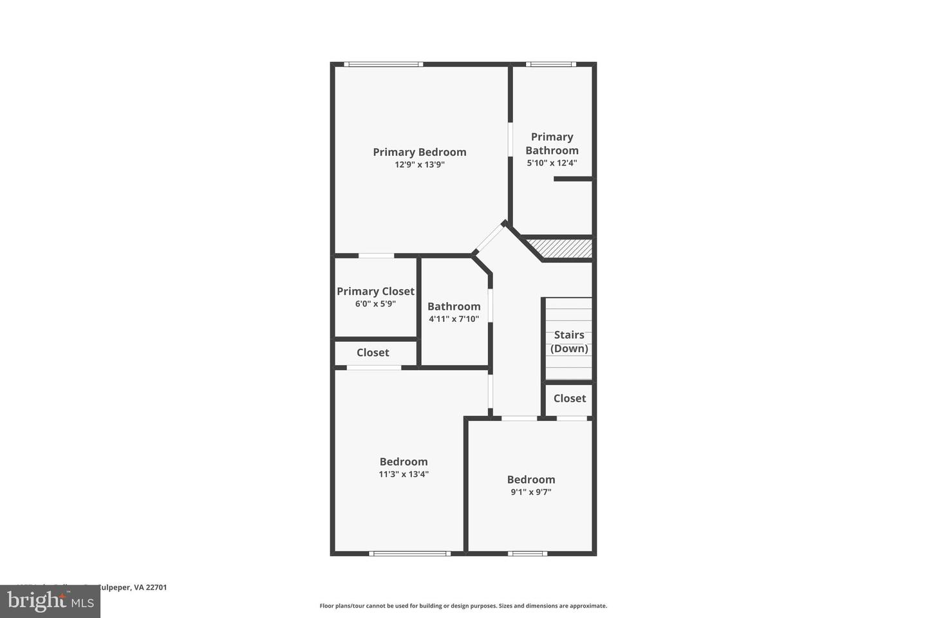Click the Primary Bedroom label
click(x=419, y=152)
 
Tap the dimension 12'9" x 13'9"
click(x=420, y=165)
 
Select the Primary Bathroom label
click(x=552, y=144)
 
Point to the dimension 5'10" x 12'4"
click(x=552, y=163)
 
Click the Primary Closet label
click(x=375, y=291)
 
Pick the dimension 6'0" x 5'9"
click(x=375, y=304)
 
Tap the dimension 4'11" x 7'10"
click(x=454, y=319)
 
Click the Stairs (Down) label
click(x=569, y=341)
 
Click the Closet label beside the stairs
click(x=570, y=398)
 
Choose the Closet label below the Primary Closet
click(x=373, y=353)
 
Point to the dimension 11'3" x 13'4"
click(x=404, y=474)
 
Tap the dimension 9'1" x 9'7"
click(x=531, y=492)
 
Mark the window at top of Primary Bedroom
click(x=383, y=64)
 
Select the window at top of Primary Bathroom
click(x=550, y=64)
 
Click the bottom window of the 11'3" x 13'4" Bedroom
click(x=409, y=553)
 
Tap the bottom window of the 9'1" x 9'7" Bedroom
click(x=527, y=553)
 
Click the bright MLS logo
click(x=50, y=602)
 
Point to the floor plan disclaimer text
click(x=463, y=606)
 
